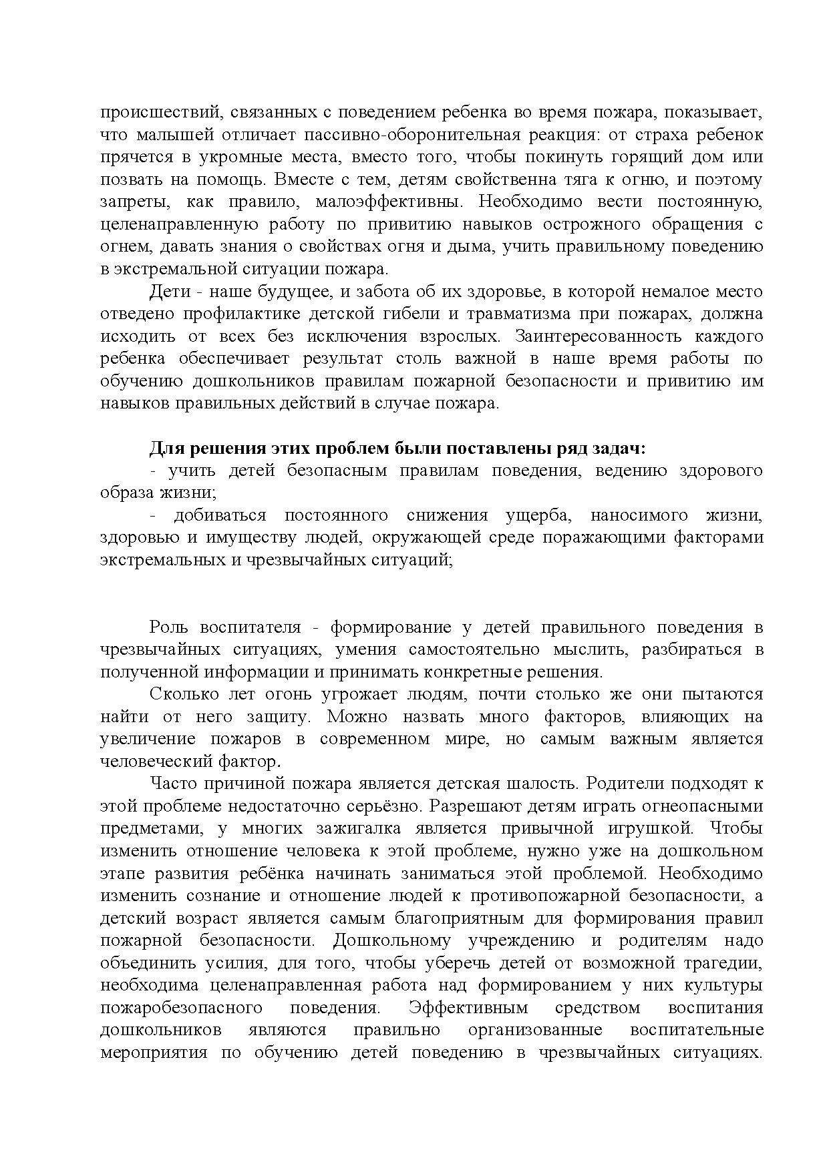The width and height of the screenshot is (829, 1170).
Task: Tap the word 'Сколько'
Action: click(178, 694)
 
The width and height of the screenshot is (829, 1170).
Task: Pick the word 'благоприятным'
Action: click(460, 918)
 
